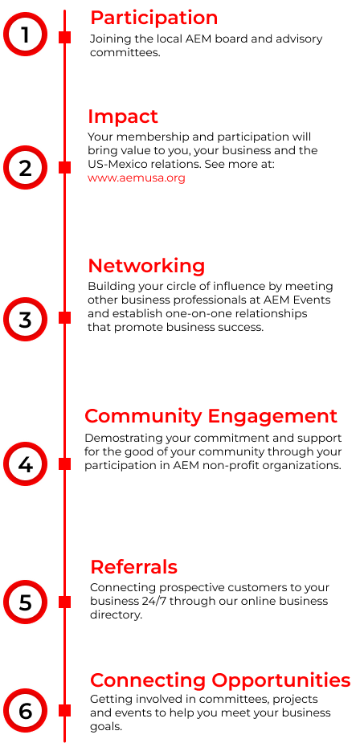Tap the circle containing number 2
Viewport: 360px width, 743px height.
pyautogui.click(x=25, y=168)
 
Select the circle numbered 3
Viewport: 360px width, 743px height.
pyautogui.click(x=25, y=319)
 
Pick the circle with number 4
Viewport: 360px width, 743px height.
pyautogui.click(x=25, y=464)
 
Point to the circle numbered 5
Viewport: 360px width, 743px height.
pyautogui.click(x=25, y=602)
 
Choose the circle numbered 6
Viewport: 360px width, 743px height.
pyautogui.click(x=25, y=711)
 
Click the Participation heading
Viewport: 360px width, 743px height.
pyautogui.click(x=153, y=18)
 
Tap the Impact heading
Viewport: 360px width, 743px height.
pyautogui.click(x=123, y=116)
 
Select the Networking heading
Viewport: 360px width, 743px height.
pyautogui.click(x=146, y=267)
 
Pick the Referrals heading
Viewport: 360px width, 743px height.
pyautogui.click(x=133, y=567)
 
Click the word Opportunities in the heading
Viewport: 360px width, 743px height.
pyautogui.click(x=280, y=681)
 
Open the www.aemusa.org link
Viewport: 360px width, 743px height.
pyautogui.click(x=136, y=178)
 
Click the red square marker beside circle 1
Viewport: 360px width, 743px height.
pyautogui.click(x=65, y=38)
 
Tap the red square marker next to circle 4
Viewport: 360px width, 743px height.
pyautogui.click(x=65, y=464)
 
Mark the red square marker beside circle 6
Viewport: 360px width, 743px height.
pyautogui.click(x=65, y=710)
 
